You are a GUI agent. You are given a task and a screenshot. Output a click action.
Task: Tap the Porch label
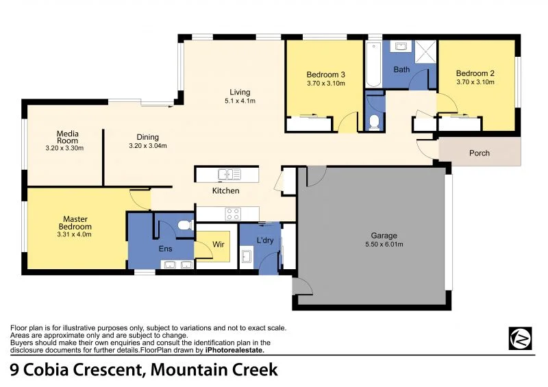(x=480, y=153)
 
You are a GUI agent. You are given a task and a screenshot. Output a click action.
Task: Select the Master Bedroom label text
(x=75, y=223)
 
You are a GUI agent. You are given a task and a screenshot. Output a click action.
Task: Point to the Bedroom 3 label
(x=325, y=74)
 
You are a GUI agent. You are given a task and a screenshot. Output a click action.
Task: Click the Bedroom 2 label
(x=475, y=73)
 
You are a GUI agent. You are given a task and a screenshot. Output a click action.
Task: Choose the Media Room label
(x=67, y=137)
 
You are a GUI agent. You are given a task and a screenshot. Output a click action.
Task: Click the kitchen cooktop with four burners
(x=232, y=212)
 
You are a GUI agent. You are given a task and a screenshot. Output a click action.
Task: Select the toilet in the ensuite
(x=182, y=225)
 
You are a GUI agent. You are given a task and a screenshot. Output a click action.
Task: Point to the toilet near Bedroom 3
(x=373, y=122)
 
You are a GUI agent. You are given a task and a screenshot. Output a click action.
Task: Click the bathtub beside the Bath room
(x=373, y=63)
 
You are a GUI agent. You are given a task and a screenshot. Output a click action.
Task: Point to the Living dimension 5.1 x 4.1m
(x=240, y=101)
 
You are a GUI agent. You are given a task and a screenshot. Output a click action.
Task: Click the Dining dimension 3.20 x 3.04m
(x=148, y=145)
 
